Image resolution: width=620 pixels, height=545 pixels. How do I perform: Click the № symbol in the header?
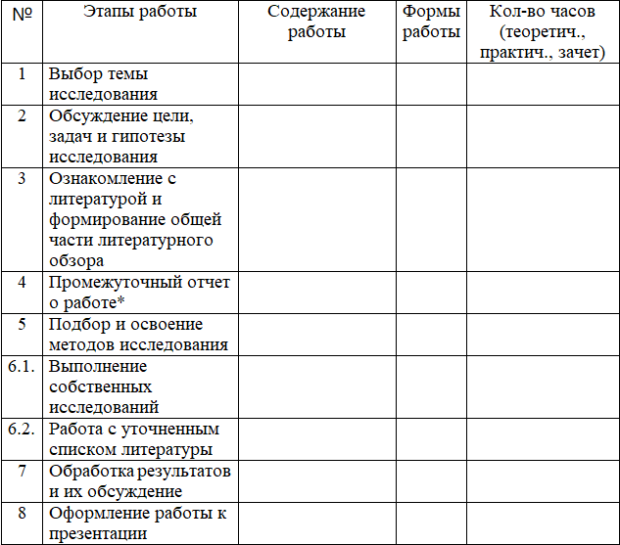click(x=21, y=13)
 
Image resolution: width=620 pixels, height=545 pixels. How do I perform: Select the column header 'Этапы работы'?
click(x=140, y=13)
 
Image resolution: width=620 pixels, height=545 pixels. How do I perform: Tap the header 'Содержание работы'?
click(x=316, y=22)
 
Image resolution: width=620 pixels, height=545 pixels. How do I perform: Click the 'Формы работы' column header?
click(x=431, y=22)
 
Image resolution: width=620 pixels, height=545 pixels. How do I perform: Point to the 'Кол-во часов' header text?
click(x=543, y=13)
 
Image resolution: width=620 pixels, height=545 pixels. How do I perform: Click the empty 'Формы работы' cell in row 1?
click(x=431, y=84)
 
